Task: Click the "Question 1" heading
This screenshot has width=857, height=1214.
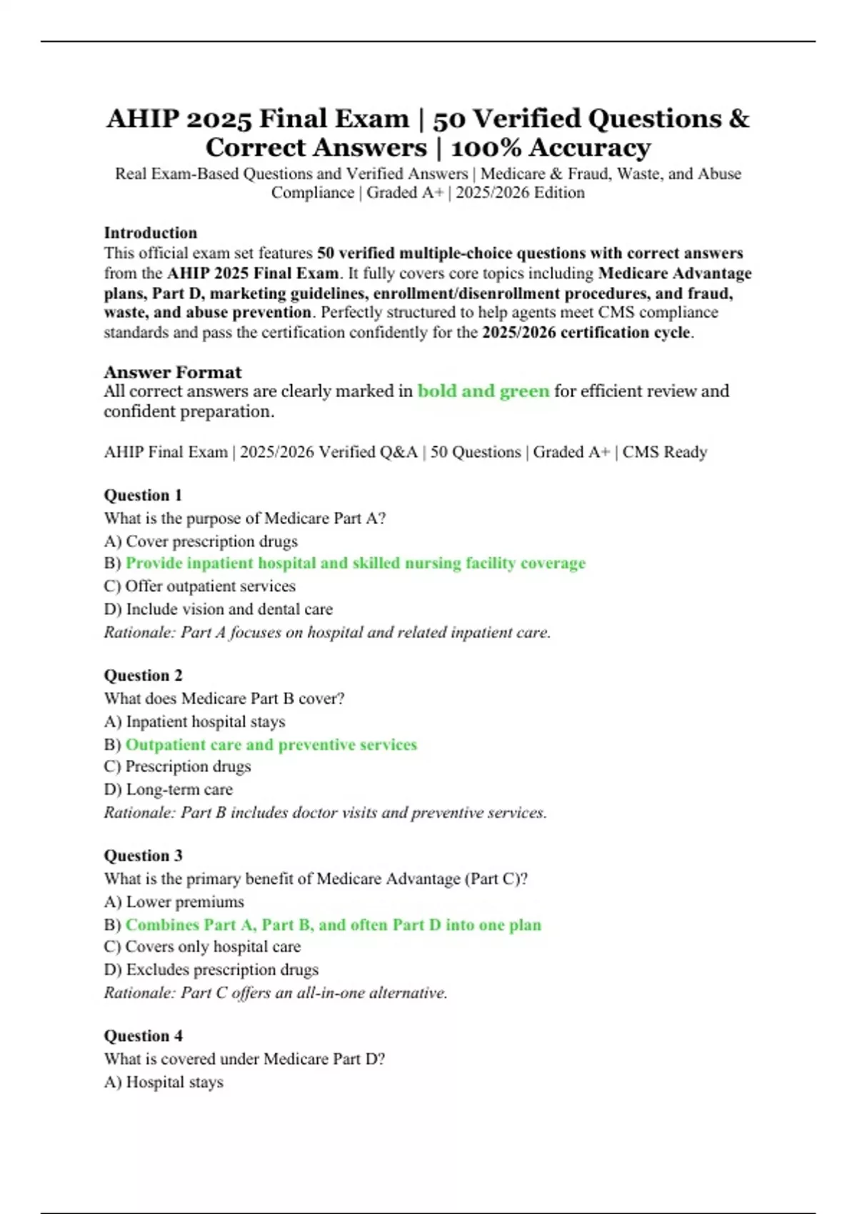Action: (x=143, y=495)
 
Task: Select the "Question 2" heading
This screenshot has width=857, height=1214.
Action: (x=143, y=675)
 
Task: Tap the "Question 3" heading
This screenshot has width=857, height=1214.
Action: (x=143, y=855)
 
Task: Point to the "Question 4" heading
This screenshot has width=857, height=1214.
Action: (x=143, y=1035)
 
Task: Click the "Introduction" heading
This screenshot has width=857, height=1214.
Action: (x=150, y=233)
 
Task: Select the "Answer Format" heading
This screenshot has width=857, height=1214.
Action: (x=172, y=372)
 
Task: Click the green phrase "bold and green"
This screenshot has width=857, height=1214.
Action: (x=483, y=391)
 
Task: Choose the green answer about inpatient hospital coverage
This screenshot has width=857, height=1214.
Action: (x=355, y=563)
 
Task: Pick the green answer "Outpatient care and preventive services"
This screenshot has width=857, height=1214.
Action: (x=271, y=744)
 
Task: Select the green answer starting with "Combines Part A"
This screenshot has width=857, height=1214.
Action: (x=333, y=925)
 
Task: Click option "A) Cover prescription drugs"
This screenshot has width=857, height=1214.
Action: (x=200, y=541)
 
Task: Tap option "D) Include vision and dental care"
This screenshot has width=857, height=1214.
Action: (x=218, y=609)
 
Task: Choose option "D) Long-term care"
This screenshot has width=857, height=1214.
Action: (x=168, y=789)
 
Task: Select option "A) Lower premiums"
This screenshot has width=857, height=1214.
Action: (x=174, y=902)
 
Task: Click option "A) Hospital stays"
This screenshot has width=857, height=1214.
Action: (x=164, y=1082)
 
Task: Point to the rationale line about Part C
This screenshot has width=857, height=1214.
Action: (x=275, y=993)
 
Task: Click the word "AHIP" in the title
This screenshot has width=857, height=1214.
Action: (x=142, y=119)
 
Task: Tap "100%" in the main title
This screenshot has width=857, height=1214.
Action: (x=486, y=148)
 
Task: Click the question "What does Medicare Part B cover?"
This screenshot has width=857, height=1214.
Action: (x=224, y=698)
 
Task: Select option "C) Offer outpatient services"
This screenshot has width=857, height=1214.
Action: (x=199, y=586)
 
